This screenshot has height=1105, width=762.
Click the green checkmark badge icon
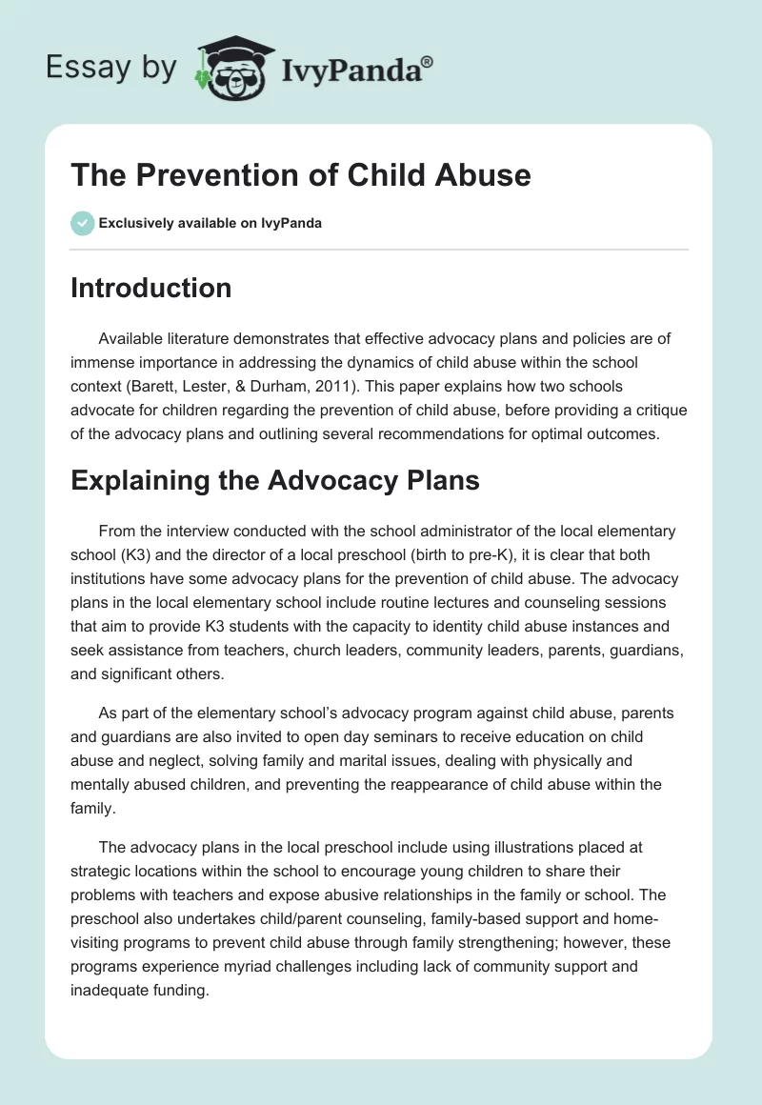[82, 223]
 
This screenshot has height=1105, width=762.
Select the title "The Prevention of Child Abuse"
[300, 175]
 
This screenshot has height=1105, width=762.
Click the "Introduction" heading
[150, 288]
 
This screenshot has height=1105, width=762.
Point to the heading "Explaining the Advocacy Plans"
[274, 481]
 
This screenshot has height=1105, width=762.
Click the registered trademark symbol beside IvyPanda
[429, 61]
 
